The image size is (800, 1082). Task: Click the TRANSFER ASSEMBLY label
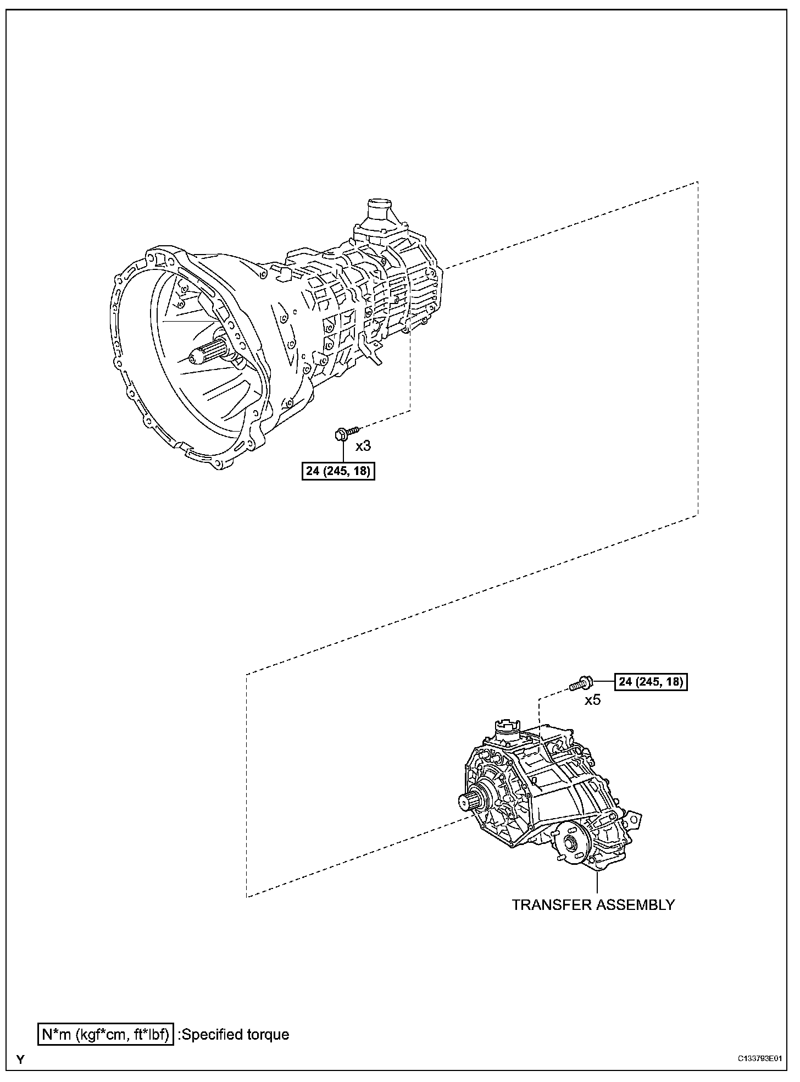[x=593, y=904]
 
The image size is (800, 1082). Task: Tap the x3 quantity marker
[x=363, y=445]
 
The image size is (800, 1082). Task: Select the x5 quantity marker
[x=593, y=700]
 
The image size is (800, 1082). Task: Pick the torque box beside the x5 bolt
[x=651, y=682]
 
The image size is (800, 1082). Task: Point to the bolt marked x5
[x=580, y=684]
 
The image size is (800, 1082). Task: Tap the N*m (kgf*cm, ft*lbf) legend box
[x=106, y=1034]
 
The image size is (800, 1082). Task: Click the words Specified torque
[x=235, y=1034]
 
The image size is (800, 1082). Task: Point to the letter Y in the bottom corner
[x=20, y=1060]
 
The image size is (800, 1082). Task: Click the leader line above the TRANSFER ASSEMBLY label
[x=597, y=882]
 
